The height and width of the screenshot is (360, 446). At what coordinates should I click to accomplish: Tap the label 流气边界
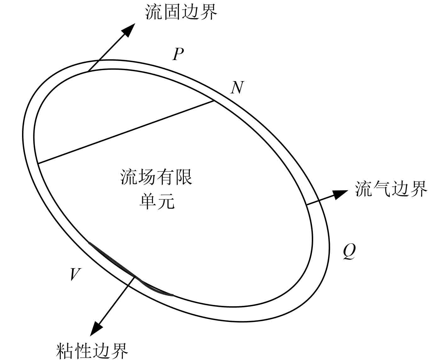point(391,189)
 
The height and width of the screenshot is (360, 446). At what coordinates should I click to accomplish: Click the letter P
point(178,54)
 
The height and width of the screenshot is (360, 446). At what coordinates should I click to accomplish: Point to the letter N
point(237,87)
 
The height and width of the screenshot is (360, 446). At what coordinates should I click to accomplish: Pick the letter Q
point(349,251)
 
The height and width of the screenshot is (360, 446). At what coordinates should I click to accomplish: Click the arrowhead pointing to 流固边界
point(128,30)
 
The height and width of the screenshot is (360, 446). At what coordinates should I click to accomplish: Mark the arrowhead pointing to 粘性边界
point(96,329)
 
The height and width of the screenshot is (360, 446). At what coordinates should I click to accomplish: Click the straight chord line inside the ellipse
point(126,132)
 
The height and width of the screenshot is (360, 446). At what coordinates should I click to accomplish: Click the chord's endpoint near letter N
point(214,101)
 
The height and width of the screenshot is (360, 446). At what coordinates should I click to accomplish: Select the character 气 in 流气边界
point(382,189)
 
